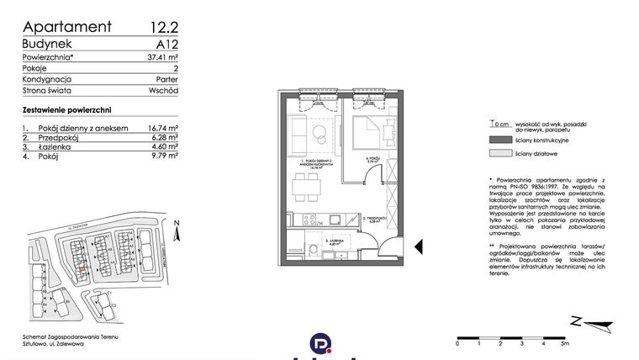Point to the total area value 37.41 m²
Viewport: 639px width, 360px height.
pyautogui.click(x=159, y=58)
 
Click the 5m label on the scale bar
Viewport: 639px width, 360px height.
pyautogui.click(x=565, y=345)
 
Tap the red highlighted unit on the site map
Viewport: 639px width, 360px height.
pyautogui.click(x=82, y=271)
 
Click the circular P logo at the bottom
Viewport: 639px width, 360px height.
pyautogui.click(x=319, y=345)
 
